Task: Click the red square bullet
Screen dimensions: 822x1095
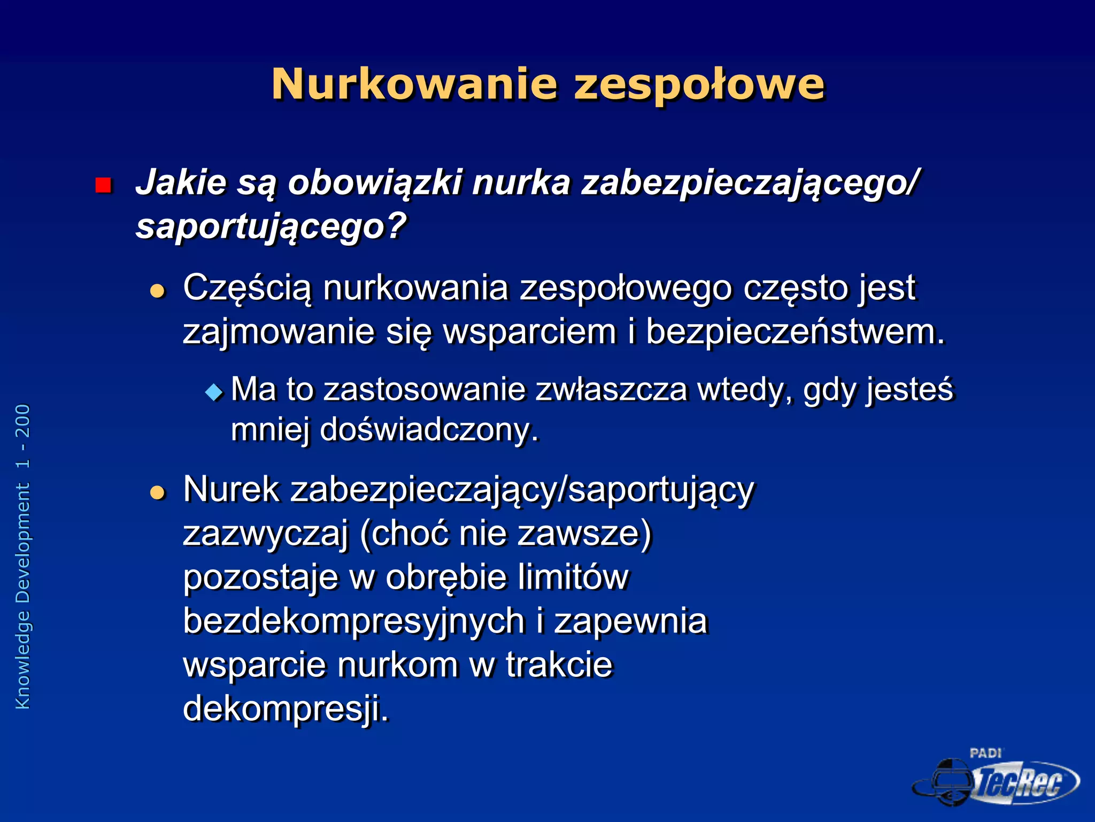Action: point(103,185)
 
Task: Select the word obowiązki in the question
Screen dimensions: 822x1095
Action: point(375,183)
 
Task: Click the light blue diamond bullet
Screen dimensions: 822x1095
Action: point(214,392)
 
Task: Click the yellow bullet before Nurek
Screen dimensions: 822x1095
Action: point(157,492)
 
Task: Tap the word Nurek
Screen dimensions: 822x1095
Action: point(231,489)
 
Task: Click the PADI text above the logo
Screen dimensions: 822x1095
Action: point(985,753)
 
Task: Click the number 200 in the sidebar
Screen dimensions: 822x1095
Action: point(23,421)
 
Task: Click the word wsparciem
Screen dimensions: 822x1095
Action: point(530,332)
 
